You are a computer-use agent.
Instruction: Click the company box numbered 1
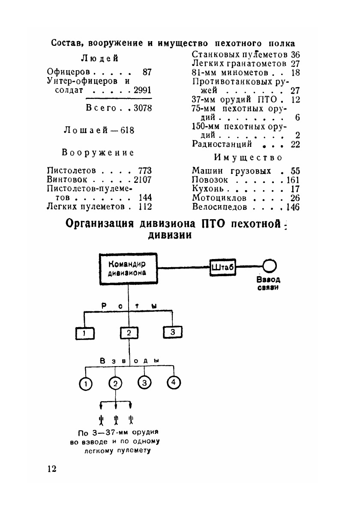[x=85, y=332]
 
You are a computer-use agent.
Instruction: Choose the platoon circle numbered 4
[x=174, y=382]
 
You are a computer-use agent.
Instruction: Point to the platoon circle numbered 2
[x=115, y=383]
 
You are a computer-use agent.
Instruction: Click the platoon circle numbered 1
[x=86, y=384]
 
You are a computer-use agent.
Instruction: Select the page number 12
[x=51, y=468]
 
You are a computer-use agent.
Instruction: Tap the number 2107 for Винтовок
[x=143, y=180]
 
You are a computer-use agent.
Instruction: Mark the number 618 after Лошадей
[x=127, y=130]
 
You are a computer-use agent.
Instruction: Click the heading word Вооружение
[x=98, y=152]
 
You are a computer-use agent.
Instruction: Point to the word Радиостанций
[x=222, y=144]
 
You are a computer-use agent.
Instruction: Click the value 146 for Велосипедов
[x=293, y=207]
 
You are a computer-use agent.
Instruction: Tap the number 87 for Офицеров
[x=147, y=72]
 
